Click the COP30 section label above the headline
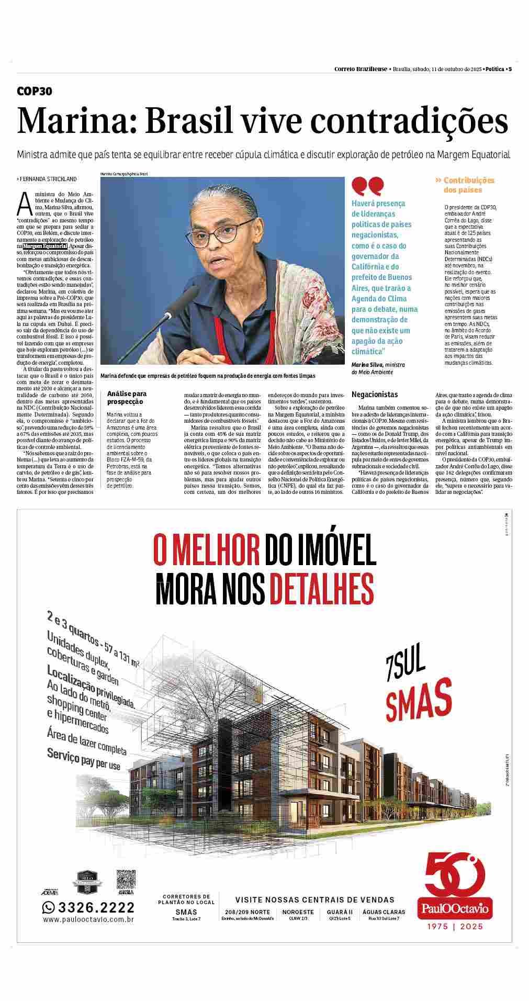35,92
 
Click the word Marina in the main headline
74,121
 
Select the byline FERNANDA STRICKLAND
48,179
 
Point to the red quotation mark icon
367,186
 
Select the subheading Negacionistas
375,395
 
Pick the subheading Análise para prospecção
127,398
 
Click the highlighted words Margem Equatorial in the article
46,246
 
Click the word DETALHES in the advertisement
321,588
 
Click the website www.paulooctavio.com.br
88,919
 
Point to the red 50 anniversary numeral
454,874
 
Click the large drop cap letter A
24,204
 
